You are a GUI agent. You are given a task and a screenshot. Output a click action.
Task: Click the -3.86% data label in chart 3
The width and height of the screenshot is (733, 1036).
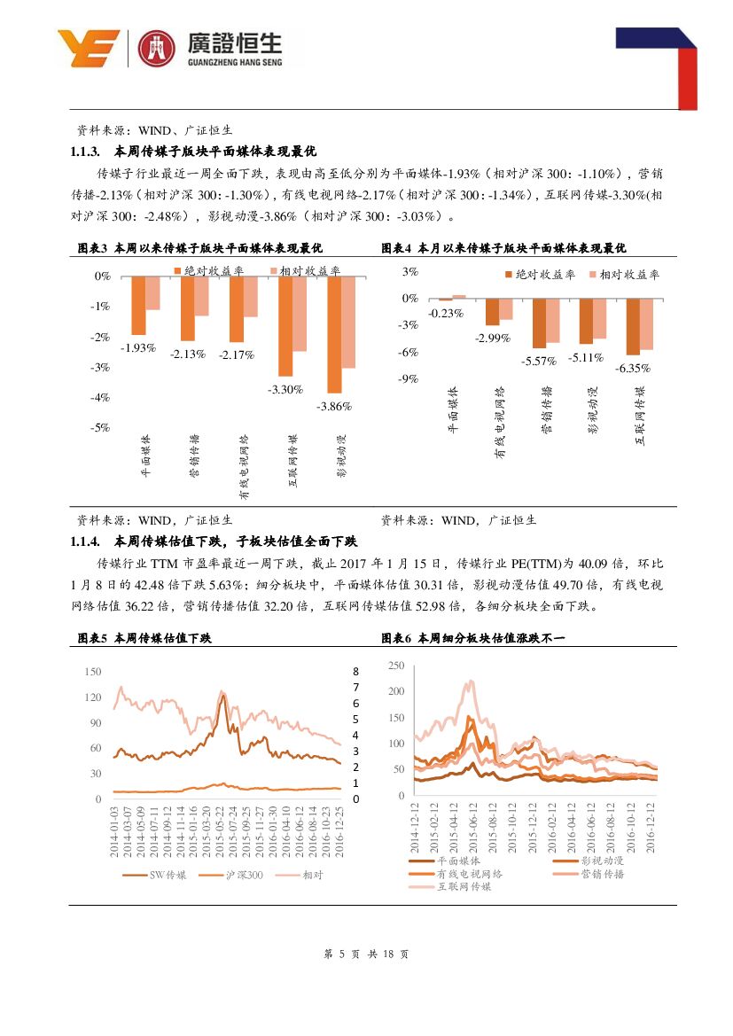335,407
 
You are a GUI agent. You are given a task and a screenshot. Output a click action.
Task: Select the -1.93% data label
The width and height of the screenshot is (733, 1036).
137,347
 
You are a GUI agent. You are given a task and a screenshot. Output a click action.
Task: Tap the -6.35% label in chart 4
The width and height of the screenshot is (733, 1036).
639,368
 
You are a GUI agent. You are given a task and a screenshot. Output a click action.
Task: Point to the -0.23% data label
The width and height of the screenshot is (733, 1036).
446,313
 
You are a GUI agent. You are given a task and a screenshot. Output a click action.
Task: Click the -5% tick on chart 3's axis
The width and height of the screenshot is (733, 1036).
101,427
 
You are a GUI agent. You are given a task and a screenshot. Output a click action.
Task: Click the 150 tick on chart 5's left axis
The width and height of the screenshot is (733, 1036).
92,672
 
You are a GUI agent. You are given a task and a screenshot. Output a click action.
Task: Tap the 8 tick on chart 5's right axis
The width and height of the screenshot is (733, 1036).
355,672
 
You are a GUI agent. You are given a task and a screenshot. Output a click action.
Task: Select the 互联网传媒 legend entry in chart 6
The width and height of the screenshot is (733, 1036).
464,886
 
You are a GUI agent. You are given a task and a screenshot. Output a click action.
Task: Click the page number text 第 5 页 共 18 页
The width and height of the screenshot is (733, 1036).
366,954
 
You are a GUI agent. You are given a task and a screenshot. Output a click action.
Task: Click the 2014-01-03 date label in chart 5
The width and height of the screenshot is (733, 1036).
114,831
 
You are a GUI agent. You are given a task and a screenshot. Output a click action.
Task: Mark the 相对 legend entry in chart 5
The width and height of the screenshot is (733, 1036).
313,875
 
